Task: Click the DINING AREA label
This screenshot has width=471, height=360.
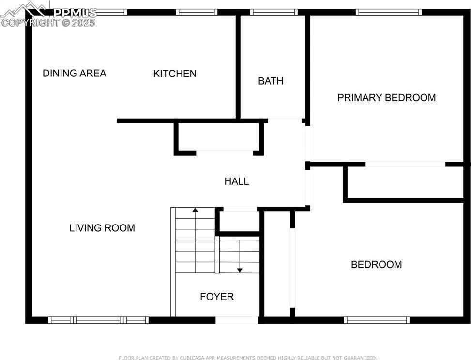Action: coord(75,73)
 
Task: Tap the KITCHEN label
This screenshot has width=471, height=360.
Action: coord(175,74)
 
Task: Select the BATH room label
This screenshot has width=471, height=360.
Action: coord(271,81)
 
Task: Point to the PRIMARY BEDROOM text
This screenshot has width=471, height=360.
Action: coord(387,98)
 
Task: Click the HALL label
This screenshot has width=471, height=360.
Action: coord(237,181)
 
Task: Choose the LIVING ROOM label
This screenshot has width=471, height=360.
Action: coord(102,228)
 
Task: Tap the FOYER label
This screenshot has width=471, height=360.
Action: coord(217,297)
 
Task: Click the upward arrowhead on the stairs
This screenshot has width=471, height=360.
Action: coord(195,210)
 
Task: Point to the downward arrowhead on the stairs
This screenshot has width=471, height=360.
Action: coord(240,270)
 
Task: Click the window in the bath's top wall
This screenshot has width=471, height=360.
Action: coord(273,12)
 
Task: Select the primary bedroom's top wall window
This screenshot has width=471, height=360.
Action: coord(389,12)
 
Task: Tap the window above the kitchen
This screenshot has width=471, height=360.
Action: coord(197,12)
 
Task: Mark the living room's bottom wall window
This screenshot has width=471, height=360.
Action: coord(99,320)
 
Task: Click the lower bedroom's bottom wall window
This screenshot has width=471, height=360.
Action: coord(377,320)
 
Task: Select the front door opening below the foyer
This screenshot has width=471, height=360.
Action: coord(237,320)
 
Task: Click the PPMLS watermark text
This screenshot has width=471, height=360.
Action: coord(75,13)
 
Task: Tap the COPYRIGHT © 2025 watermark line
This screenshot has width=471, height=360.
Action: coord(48,23)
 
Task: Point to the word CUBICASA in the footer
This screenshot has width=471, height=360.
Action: coord(192,358)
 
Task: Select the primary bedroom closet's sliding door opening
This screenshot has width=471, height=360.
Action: coord(406,164)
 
